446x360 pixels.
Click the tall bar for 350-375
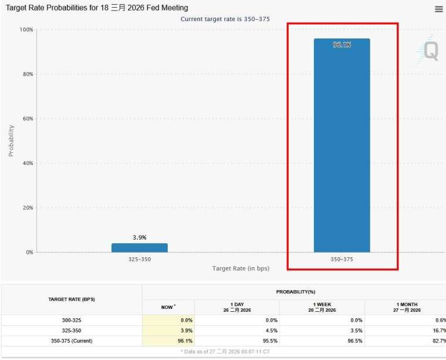[342, 147]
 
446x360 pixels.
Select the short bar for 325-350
[140, 248]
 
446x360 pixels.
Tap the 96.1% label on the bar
[342, 45]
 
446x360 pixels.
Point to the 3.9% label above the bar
[140, 237]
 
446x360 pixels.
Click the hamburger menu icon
[439, 9]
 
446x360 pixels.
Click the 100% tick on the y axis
[26, 29]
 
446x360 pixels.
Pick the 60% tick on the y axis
[26, 119]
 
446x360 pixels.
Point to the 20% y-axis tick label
[26, 208]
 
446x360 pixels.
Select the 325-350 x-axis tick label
[140, 258]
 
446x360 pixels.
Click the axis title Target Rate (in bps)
[241, 268]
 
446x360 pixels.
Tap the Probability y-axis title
[11, 140]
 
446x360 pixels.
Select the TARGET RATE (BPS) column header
[71, 299]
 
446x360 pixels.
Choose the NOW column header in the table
[168, 307]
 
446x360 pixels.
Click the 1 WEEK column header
[322, 307]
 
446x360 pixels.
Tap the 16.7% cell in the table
[434, 330]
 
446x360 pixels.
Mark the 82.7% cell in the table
[434, 341]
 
